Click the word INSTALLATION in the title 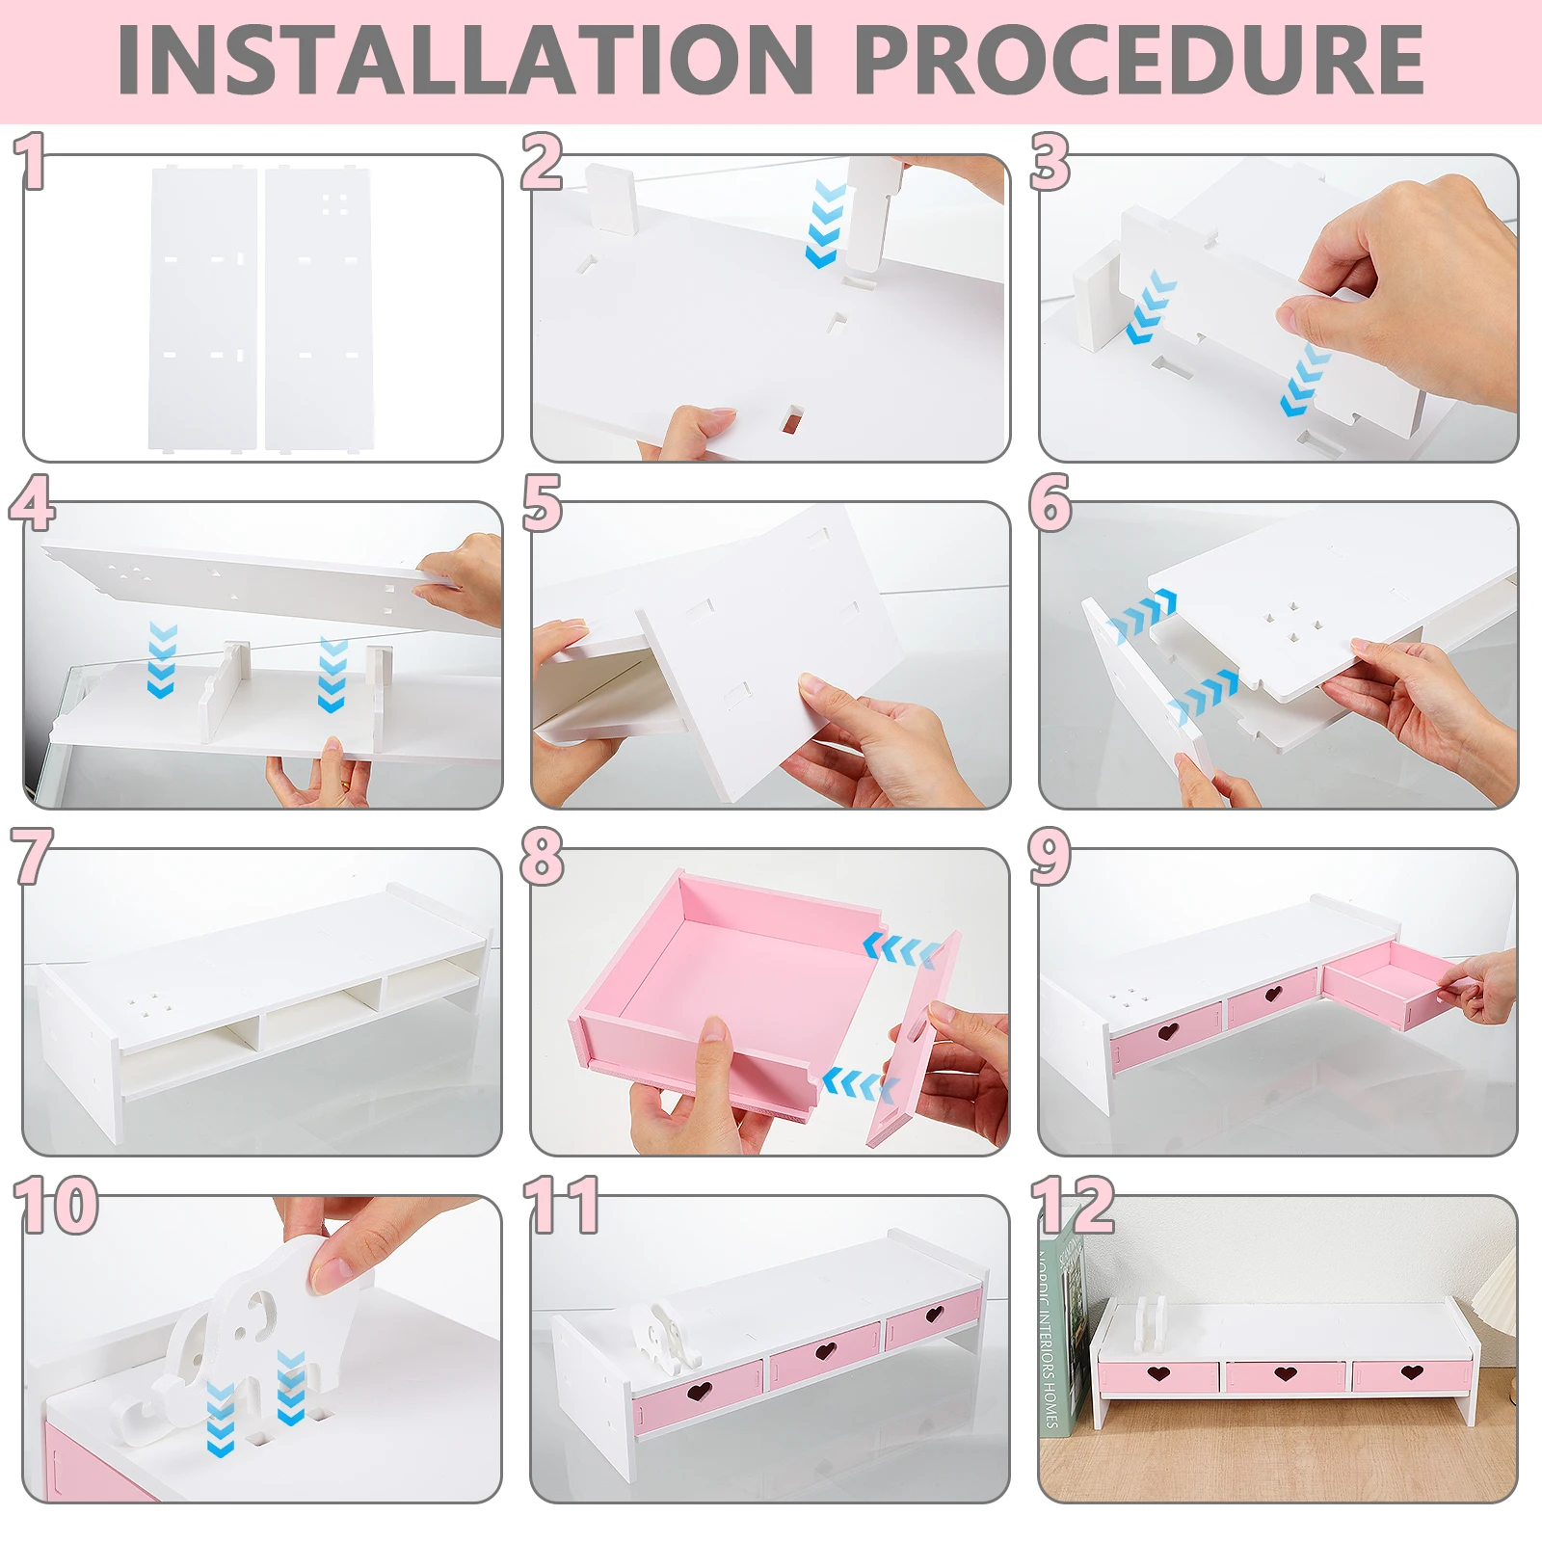[465, 60]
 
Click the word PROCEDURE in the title [1139, 60]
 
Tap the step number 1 [32, 161]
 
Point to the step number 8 [542, 856]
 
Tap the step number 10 [57, 1205]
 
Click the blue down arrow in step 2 [826, 223]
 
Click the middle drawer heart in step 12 [1285, 1372]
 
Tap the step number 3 [1050, 161]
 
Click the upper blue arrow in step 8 [902, 949]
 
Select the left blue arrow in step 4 [162, 660]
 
